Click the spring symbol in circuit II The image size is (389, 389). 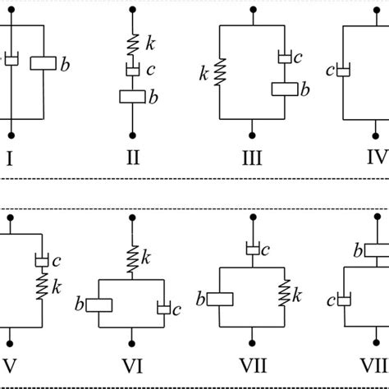click(132, 42)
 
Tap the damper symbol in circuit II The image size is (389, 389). click(132, 69)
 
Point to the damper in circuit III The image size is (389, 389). click(284, 57)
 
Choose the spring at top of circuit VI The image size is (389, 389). click(132, 238)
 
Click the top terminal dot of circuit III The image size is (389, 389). click(250, 11)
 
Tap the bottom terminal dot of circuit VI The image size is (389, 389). click(132, 338)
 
